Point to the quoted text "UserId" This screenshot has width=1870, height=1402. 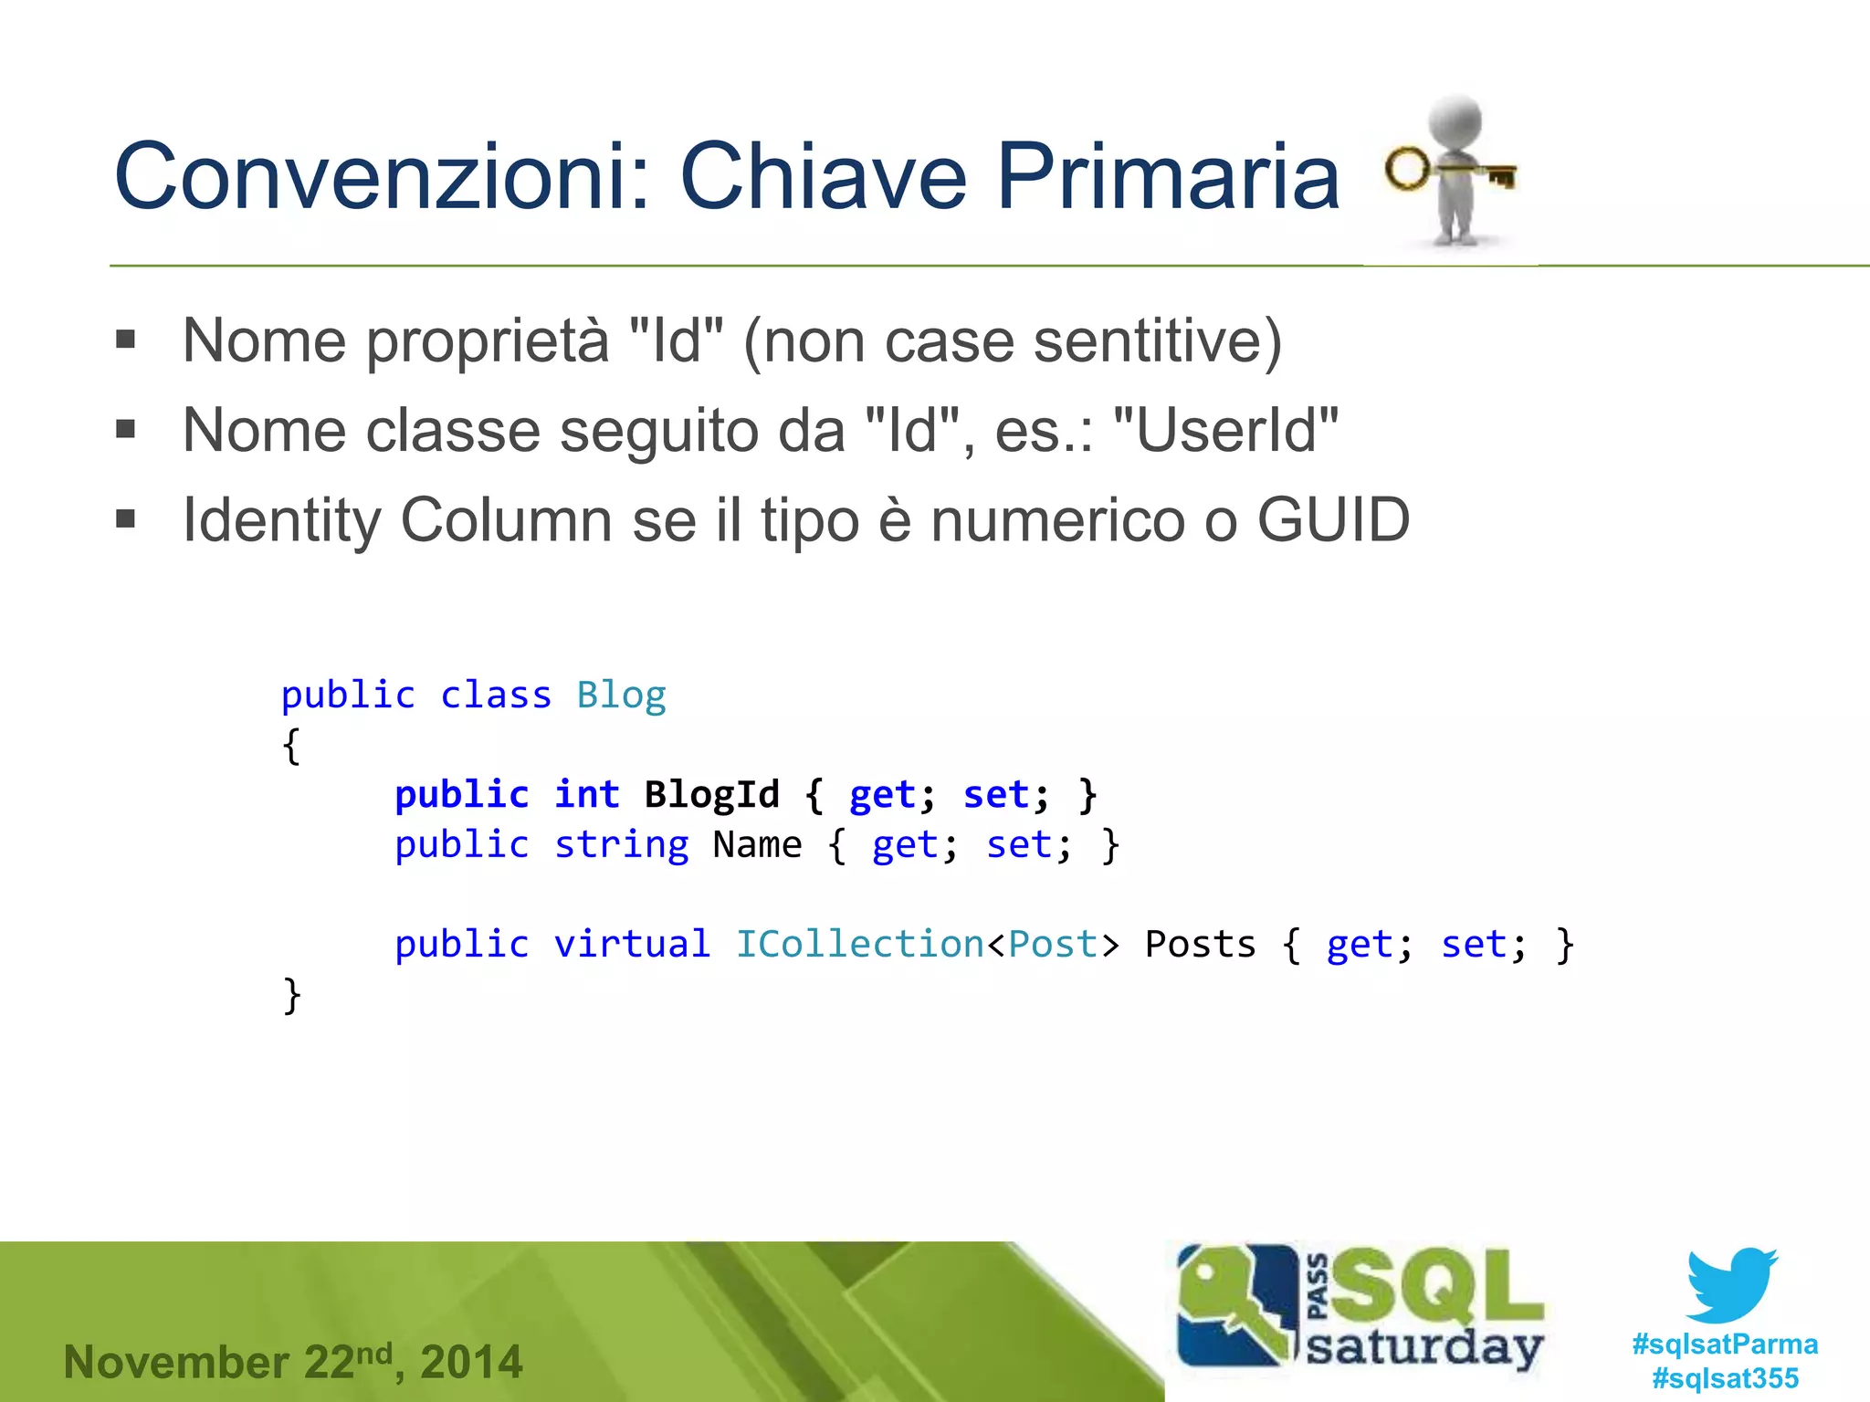pyautogui.click(x=1226, y=430)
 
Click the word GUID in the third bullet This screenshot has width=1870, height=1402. pyautogui.click(x=1333, y=520)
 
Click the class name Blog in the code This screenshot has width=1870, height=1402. pyautogui.click(x=621, y=696)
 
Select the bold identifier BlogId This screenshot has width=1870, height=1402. pyautogui.click(x=711, y=794)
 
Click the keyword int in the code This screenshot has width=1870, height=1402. pyautogui.click(x=586, y=794)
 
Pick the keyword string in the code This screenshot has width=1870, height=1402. pyautogui.click(x=621, y=844)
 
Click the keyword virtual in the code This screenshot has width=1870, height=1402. pyautogui.click(x=632, y=944)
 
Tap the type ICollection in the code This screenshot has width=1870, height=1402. pyautogui.click(x=859, y=944)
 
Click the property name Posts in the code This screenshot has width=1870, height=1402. pyautogui.click(x=1200, y=944)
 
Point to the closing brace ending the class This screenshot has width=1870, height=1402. pyautogui.click(x=292, y=994)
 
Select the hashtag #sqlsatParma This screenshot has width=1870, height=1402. pyautogui.click(x=1725, y=1344)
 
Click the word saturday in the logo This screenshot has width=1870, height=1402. pyautogui.click(x=1424, y=1346)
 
